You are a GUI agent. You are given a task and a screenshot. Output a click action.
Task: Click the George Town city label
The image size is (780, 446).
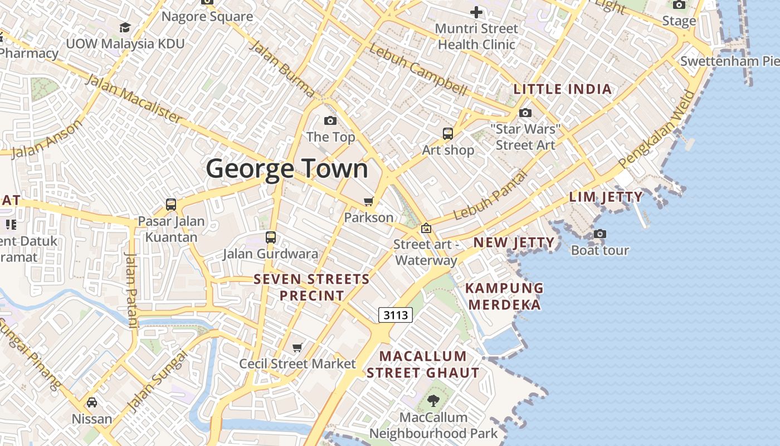click(287, 169)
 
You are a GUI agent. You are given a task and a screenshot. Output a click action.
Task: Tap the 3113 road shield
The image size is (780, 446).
click(396, 315)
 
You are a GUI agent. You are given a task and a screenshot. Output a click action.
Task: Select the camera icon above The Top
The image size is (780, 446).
click(330, 120)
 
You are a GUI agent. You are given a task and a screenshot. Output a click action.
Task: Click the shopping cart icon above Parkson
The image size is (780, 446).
click(368, 201)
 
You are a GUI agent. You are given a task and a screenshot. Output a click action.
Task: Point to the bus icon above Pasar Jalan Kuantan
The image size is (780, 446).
click(171, 205)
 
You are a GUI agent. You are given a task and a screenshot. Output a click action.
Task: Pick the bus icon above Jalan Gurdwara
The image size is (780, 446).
click(271, 237)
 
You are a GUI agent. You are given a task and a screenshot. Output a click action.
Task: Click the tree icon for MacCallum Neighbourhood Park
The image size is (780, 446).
click(433, 400)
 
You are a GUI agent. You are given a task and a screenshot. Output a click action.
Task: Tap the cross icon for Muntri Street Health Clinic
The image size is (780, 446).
click(476, 12)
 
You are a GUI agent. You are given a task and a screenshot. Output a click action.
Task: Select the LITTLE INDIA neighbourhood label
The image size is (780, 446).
click(563, 89)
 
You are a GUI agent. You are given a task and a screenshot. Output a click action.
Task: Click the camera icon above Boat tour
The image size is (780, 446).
click(600, 234)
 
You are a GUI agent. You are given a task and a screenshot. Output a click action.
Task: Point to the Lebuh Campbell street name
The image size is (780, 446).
click(418, 70)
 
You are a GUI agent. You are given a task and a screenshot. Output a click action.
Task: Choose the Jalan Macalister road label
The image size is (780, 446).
click(134, 99)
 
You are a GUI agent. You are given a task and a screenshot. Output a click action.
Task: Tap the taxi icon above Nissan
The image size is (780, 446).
click(92, 402)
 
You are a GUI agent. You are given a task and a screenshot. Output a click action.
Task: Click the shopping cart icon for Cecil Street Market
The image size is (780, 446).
click(298, 348)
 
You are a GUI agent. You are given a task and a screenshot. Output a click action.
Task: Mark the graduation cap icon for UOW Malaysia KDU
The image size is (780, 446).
click(125, 27)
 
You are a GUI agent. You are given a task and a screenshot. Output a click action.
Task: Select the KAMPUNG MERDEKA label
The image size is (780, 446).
click(504, 297)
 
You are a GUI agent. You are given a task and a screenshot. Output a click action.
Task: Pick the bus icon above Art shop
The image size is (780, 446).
click(448, 134)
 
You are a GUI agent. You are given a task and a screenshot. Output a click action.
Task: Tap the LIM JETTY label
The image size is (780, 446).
click(606, 197)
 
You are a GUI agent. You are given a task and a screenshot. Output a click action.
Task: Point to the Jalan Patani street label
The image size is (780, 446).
click(131, 290)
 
